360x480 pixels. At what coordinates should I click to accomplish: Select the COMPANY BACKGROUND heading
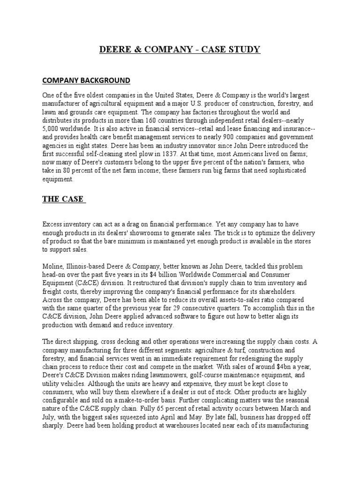(86, 80)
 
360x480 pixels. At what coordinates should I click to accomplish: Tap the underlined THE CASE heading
(63, 199)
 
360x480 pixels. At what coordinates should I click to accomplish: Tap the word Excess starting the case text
(53, 225)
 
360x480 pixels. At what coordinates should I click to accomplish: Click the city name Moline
(53, 266)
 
